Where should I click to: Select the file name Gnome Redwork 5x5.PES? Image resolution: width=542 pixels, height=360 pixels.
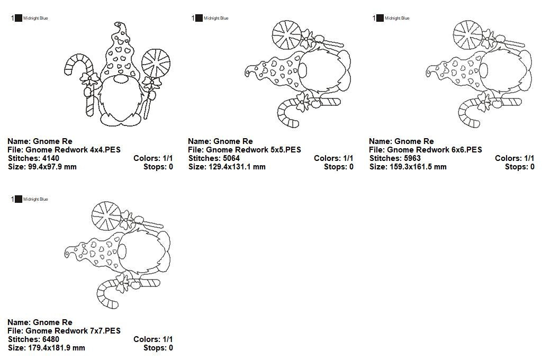254,150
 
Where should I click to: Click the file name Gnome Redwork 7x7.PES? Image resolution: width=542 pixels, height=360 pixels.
73,330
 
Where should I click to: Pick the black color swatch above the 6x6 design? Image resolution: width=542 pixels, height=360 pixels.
380,18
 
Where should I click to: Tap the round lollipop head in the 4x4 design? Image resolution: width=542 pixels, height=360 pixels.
156,64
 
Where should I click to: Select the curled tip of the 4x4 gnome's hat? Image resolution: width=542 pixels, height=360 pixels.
119,25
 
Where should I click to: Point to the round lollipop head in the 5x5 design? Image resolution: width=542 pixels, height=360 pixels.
286,35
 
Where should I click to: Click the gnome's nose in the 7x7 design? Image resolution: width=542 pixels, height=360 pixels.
122,250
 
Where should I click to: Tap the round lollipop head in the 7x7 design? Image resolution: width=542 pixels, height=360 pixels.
106,216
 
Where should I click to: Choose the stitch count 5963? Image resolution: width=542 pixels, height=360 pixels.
412,158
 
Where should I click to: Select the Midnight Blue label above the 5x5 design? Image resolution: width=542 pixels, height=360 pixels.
216,18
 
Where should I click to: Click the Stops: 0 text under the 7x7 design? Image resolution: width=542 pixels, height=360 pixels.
158,347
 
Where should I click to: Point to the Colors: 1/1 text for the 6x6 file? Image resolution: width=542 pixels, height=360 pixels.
514,158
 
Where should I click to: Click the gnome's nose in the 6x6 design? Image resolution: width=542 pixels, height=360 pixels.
483,70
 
